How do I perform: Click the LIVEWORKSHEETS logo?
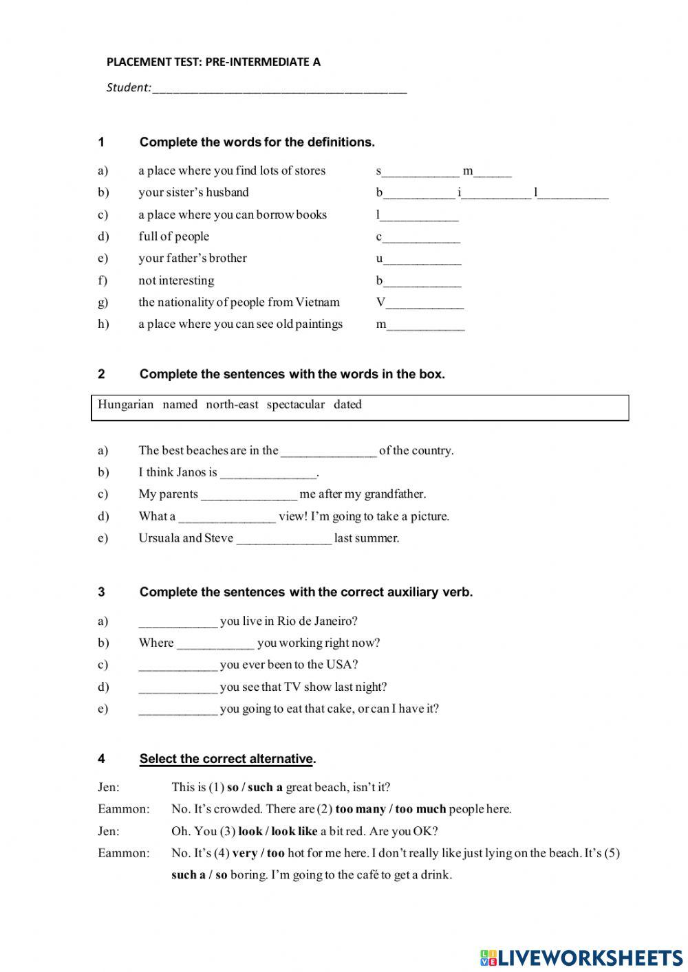click(x=581, y=956)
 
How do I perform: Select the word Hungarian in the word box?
click(x=125, y=405)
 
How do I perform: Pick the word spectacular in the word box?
click(x=295, y=405)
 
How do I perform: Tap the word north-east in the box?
click(x=232, y=405)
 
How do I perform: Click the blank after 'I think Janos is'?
click(x=268, y=474)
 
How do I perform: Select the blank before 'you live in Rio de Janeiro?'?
click(x=178, y=622)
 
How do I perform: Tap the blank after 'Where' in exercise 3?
click(x=215, y=644)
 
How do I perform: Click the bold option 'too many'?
click(x=361, y=809)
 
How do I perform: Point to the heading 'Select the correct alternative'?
click(x=226, y=759)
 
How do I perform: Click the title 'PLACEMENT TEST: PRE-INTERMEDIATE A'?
click(x=213, y=62)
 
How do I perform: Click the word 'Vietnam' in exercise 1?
click(x=317, y=302)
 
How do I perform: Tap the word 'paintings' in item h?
click(x=319, y=324)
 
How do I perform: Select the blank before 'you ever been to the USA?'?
click(x=178, y=665)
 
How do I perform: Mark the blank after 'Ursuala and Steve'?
click(x=283, y=540)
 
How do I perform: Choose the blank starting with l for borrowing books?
click(x=419, y=216)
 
